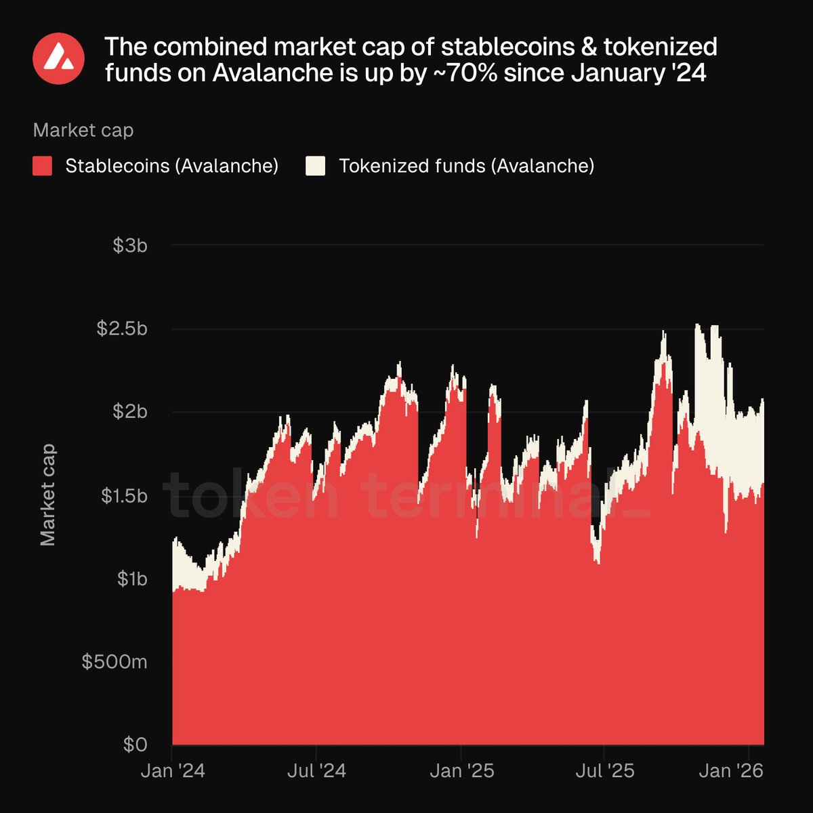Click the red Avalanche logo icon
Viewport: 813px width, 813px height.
pyautogui.click(x=58, y=58)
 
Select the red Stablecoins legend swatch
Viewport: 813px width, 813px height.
pyautogui.click(x=43, y=166)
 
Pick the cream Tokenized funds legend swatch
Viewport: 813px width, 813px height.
pyautogui.click(x=316, y=166)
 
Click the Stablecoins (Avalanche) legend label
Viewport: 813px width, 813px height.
pyautogui.click(x=172, y=166)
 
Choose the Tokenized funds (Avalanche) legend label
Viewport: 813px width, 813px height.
pyautogui.click(x=466, y=166)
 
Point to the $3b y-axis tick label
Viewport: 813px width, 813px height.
pyautogui.click(x=130, y=245)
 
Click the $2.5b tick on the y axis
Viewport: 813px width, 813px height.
pyautogui.click(x=122, y=329)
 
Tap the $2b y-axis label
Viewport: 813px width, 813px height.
pyautogui.click(x=130, y=412)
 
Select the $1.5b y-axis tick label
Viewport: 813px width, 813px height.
pyautogui.click(x=124, y=495)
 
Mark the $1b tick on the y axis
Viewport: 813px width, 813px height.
pyautogui.click(x=131, y=579)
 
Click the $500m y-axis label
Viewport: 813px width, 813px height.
pyautogui.click(x=114, y=662)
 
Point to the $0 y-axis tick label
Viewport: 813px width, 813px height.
pyautogui.click(x=135, y=745)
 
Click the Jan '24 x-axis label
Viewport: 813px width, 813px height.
pyautogui.click(x=173, y=771)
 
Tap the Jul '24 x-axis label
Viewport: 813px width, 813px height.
pyautogui.click(x=316, y=771)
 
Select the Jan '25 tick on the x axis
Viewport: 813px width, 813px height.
pyautogui.click(x=462, y=771)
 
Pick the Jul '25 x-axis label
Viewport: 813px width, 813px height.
pyautogui.click(x=604, y=771)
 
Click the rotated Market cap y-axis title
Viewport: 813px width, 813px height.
pyautogui.click(x=47, y=495)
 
